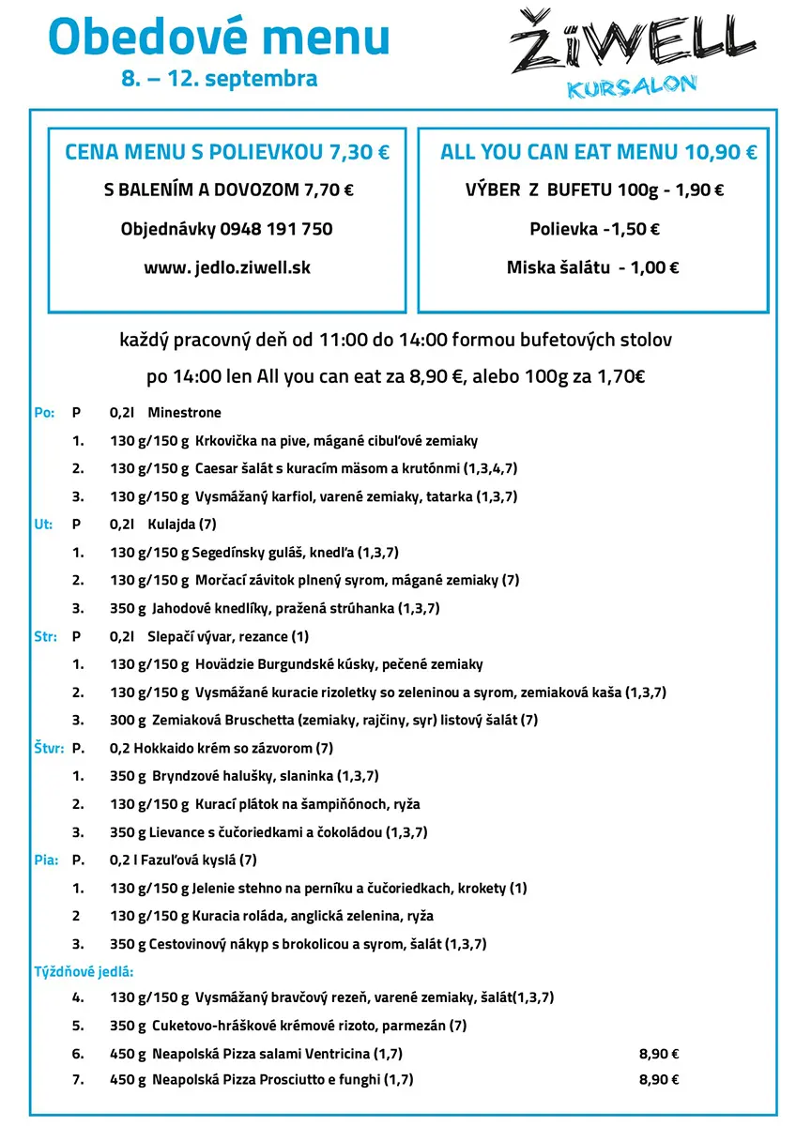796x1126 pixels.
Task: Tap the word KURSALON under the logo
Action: [x=632, y=87]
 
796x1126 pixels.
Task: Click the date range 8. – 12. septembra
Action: [x=219, y=79]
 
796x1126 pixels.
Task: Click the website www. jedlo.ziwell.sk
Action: [x=227, y=267]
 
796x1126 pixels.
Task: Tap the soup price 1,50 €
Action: [x=634, y=229]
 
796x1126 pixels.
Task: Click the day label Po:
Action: [x=43, y=413]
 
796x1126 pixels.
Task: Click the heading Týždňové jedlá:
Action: [x=84, y=971]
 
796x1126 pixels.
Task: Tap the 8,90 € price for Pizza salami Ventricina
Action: [x=659, y=1054]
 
